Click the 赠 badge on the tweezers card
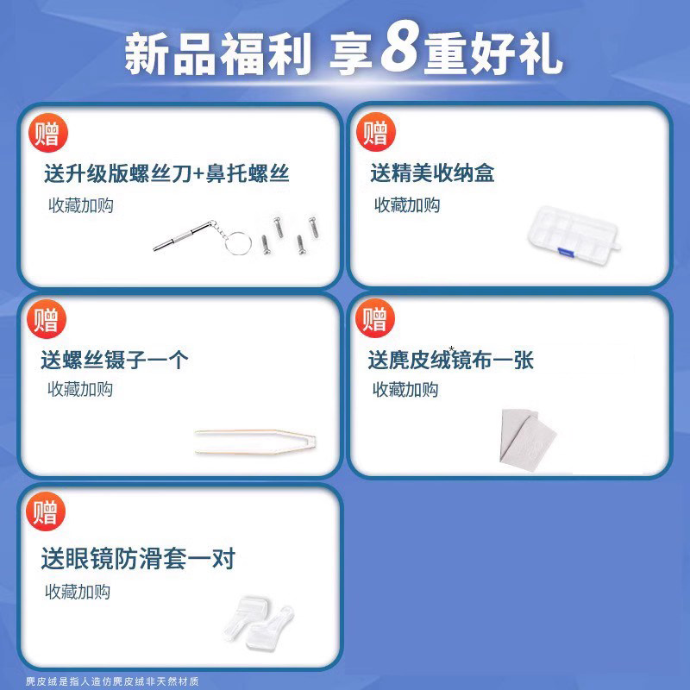pos(47,321)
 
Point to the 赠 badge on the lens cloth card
pos(374,321)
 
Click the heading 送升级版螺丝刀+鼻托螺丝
pos(166,173)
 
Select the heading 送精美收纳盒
pos(432,173)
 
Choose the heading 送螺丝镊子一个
pos(114,360)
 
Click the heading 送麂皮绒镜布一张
pos(451,360)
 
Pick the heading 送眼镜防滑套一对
pos(138,559)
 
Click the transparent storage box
pos(573,230)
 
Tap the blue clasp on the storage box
pos(564,251)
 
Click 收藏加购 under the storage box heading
pos(406,205)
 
